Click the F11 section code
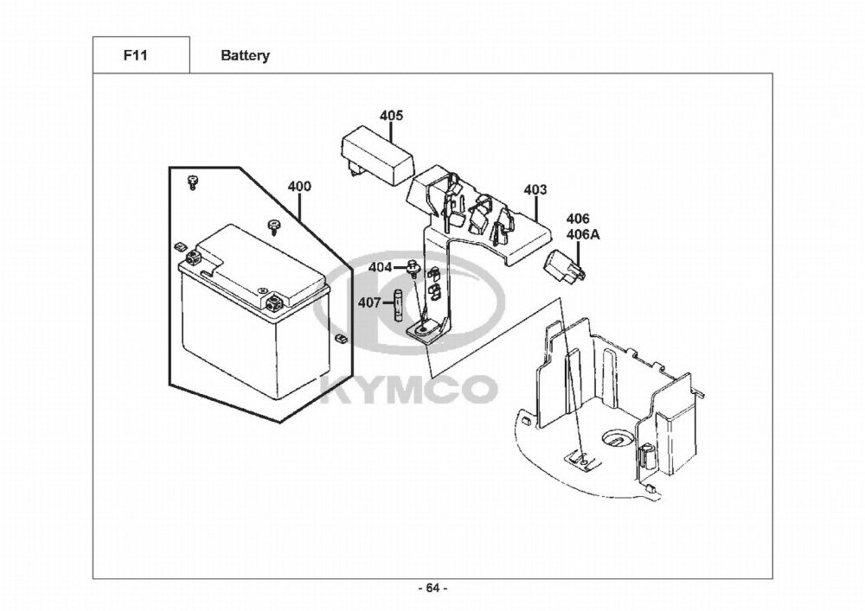point(134,55)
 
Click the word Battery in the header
point(245,55)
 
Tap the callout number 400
point(299,187)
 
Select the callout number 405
point(391,116)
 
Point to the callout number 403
point(535,189)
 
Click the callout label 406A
point(579,234)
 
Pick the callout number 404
point(380,266)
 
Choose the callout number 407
point(370,302)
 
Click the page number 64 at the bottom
point(432,589)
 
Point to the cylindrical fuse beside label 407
point(398,306)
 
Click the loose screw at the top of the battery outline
point(192,181)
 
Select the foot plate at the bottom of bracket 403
point(426,330)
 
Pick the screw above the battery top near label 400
point(274,226)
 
